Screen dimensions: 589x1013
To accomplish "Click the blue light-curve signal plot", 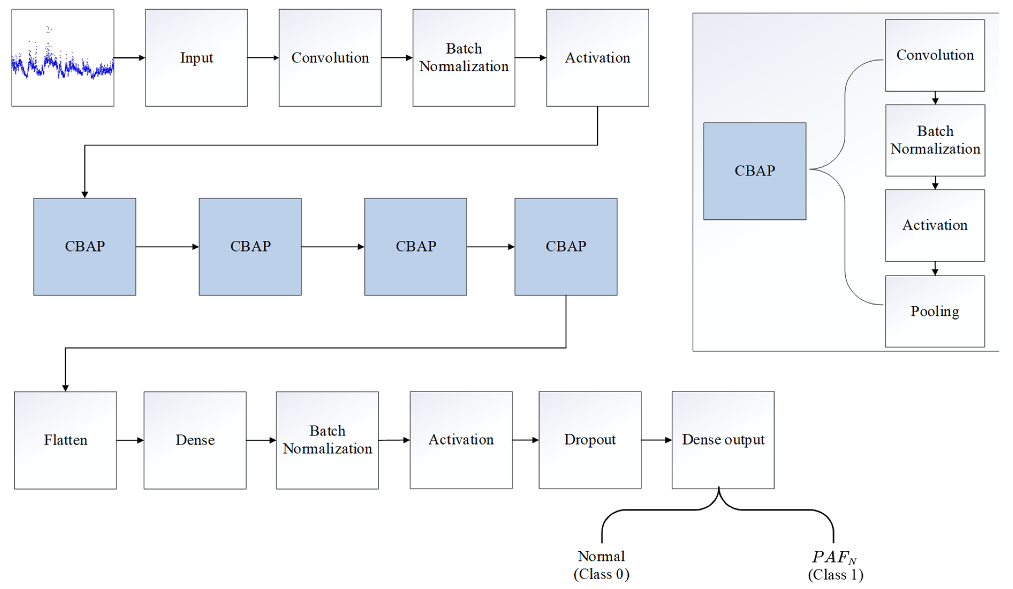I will click(62, 58).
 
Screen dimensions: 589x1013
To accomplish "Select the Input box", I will click(196, 58).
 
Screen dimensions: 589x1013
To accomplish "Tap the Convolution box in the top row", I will click(330, 58).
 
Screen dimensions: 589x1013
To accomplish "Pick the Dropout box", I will click(590, 440).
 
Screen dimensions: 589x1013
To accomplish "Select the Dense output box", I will click(723, 440).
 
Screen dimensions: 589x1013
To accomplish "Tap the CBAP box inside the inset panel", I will click(754, 171).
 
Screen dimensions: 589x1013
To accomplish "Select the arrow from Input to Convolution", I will click(263, 58).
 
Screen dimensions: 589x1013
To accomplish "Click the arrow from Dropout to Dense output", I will click(656, 440).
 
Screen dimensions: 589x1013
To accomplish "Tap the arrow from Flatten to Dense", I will click(130, 440).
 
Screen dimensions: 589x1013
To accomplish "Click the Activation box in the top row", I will click(597, 58).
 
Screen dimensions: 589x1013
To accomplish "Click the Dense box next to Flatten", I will click(195, 440).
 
